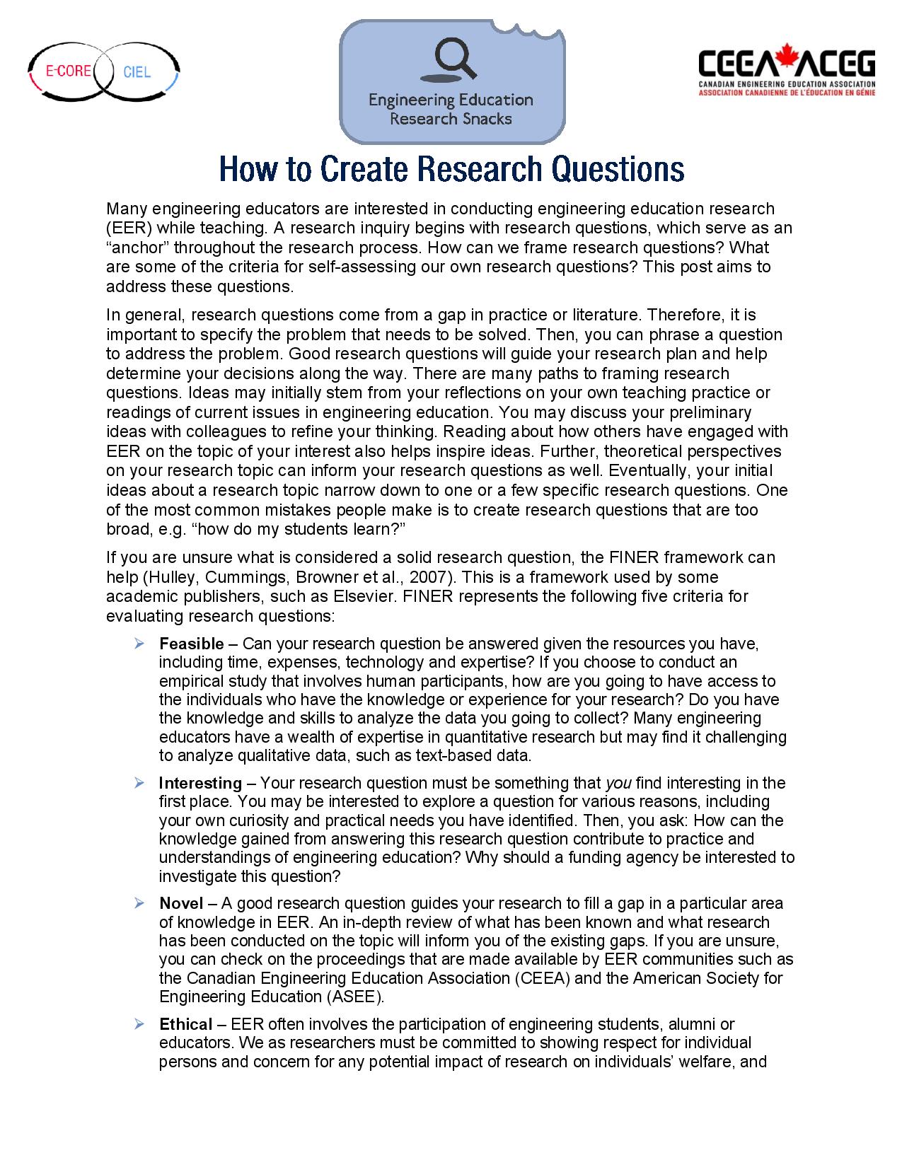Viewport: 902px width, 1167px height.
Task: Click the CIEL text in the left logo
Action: [x=137, y=72]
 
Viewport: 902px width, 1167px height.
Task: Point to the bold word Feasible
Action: [x=192, y=644]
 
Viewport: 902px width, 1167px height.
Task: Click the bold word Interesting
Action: [x=200, y=783]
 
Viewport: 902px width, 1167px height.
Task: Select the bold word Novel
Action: [x=181, y=903]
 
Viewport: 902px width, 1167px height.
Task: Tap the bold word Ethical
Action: [x=185, y=1024]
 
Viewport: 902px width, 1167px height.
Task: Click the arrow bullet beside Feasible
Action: [x=139, y=644]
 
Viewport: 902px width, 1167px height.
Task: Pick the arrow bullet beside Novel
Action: [x=139, y=903]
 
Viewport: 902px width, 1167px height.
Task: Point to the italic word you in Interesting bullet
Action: [x=619, y=783]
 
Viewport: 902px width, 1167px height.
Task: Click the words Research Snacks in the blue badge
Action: [x=451, y=119]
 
